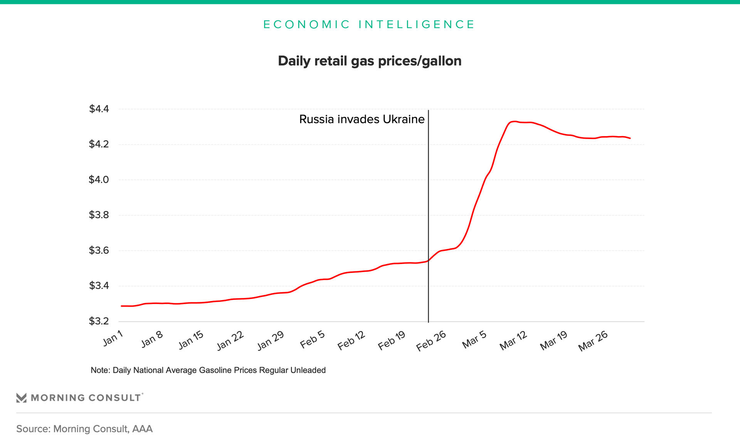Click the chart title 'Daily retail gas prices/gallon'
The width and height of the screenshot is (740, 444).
(370, 61)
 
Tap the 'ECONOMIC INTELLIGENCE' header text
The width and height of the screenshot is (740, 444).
(369, 24)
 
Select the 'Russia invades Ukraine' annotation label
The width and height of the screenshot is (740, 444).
(362, 119)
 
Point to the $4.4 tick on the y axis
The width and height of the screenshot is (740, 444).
(99, 109)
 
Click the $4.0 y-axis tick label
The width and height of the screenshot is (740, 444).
(99, 180)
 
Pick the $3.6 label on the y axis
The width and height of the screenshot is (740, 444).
(99, 251)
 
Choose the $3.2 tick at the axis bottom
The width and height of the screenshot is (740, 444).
(99, 321)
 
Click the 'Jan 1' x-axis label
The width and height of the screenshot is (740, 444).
(113, 338)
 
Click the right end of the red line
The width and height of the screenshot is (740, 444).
(630, 138)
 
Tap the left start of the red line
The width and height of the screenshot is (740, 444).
(122, 306)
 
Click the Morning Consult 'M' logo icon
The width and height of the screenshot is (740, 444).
(22, 398)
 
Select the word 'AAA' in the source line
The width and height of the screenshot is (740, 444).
(142, 429)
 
